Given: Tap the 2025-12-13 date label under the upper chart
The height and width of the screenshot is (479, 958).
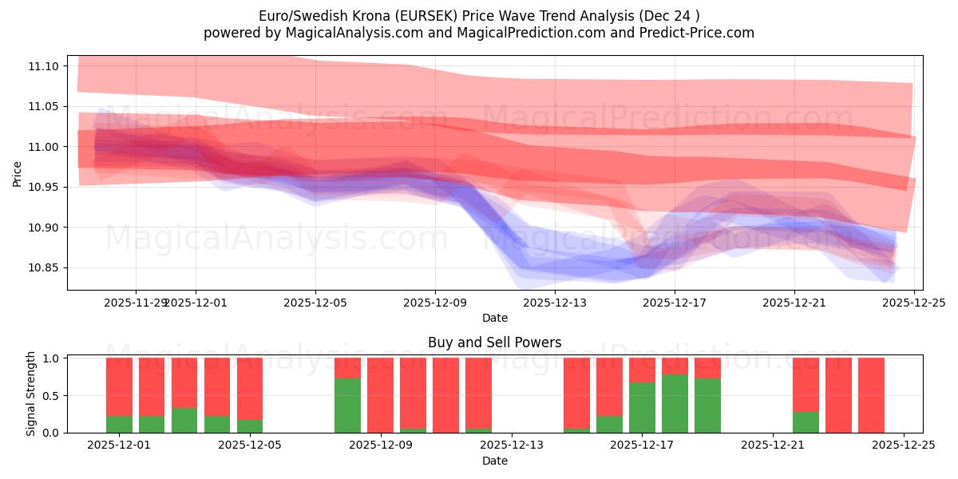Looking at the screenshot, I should point(555,303).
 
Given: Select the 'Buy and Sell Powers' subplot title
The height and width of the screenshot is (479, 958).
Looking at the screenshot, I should point(494,342).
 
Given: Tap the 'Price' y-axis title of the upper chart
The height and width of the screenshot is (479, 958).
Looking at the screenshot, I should point(18,174).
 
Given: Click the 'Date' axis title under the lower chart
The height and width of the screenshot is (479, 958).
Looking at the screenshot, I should point(494,461).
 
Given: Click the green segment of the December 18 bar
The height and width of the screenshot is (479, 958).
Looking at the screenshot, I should point(675,403).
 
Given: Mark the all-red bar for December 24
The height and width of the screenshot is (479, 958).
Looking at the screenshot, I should point(871,395).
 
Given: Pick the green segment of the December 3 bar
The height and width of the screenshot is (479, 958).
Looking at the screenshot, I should point(184,421).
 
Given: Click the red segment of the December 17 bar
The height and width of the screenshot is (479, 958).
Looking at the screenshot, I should point(642,370).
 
